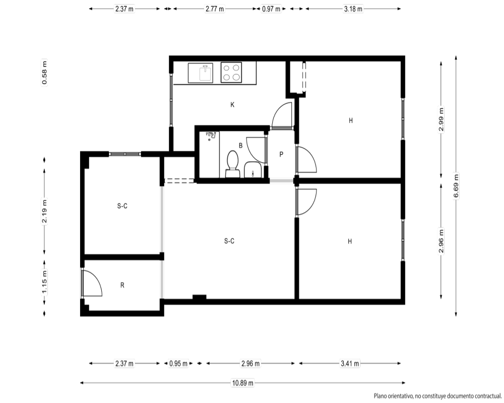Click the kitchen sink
[x=200, y=73]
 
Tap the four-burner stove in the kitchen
[x=231, y=73]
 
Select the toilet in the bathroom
[x=232, y=164]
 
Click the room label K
[x=232, y=105]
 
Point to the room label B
[x=241, y=146]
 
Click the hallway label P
[x=281, y=154]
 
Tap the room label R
[x=122, y=285]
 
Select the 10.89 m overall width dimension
[x=243, y=383]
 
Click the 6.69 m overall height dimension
[x=456, y=186]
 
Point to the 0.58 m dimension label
[x=44, y=73]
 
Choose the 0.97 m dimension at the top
[x=271, y=9]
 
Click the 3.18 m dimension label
[x=353, y=9]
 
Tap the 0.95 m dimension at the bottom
[x=178, y=364]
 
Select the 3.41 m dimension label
[x=350, y=364]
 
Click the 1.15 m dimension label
[x=44, y=282]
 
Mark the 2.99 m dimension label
[x=441, y=119]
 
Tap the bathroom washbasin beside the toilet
[x=253, y=170]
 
